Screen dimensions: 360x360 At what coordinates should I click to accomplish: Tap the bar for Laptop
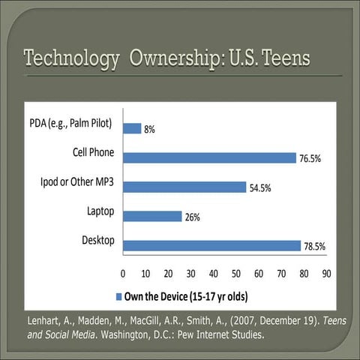151,216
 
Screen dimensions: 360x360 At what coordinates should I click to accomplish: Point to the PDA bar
131,128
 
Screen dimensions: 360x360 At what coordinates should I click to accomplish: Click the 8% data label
150,129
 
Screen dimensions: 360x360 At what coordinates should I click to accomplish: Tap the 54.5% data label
260,188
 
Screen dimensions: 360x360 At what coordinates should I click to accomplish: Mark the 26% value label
193,217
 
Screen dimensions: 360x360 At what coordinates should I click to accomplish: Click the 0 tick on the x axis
122,273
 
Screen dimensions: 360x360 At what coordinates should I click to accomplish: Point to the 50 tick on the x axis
235,273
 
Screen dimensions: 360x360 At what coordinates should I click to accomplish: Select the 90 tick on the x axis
326,273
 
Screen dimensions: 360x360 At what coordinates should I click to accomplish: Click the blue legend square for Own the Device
120,294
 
